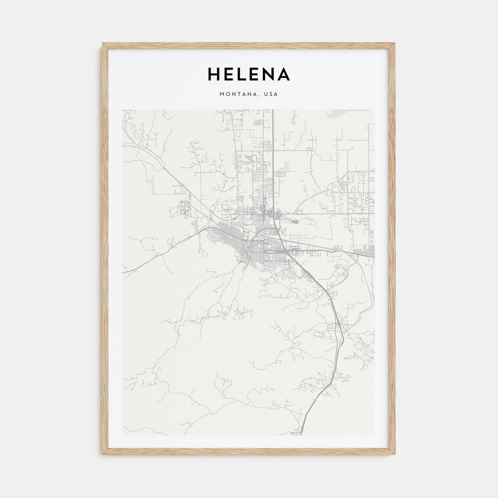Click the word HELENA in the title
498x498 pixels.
(249, 74)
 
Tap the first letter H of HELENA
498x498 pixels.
(213, 74)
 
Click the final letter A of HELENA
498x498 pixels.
(284, 74)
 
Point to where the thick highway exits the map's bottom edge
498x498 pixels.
(301, 435)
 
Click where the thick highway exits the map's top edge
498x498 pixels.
(273, 110)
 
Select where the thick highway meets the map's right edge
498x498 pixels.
(374, 255)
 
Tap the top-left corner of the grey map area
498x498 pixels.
(122, 110)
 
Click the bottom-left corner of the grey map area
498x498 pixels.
(122, 435)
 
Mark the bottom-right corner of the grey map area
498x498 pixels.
(375, 435)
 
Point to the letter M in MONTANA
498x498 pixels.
(222, 94)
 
